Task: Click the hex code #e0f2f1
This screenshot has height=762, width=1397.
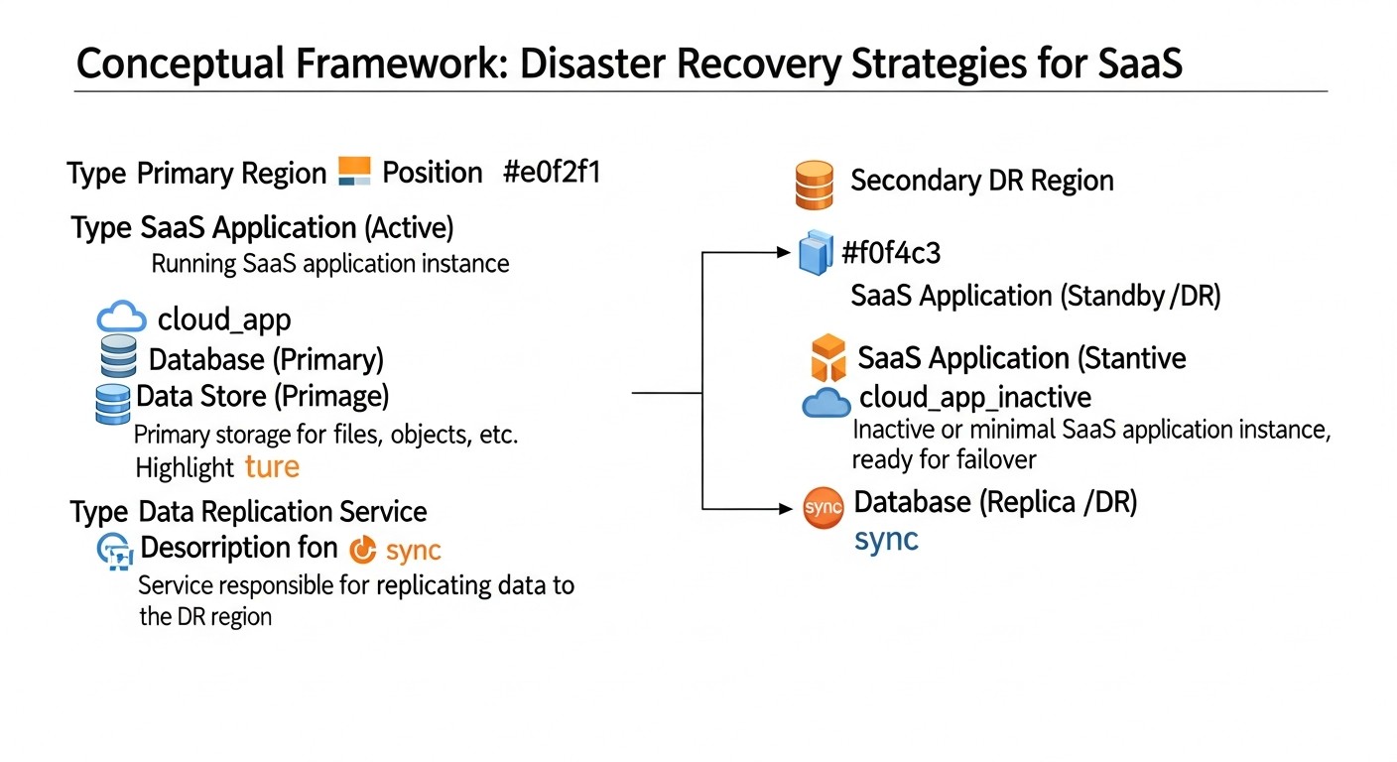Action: tap(552, 173)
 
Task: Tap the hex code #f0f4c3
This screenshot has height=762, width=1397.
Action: tap(890, 254)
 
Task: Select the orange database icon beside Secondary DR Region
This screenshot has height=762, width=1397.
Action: tap(814, 185)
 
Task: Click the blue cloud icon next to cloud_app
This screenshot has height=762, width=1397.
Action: tap(122, 318)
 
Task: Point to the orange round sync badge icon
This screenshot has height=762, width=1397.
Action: tap(823, 508)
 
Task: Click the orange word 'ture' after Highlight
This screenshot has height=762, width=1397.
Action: tap(271, 466)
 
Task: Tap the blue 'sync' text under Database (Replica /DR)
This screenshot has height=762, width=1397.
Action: tap(886, 541)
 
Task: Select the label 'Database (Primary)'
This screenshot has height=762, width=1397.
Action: tap(265, 359)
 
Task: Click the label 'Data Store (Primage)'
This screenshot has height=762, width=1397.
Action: tap(263, 397)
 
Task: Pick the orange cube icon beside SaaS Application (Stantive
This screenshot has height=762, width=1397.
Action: tap(827, 358)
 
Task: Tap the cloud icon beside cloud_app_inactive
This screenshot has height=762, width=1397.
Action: tap(825, 403)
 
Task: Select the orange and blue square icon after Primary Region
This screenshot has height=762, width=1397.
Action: tap(354, 172)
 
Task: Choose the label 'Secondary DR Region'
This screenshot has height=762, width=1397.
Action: tap(981, 181)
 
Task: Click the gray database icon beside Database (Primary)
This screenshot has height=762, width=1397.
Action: tap(119, 356)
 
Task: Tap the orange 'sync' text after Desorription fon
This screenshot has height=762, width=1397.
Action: tap(413, 550)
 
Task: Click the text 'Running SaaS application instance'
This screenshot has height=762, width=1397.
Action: tap(329, 264)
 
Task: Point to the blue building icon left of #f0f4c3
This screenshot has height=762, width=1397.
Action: tap(814, 253)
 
